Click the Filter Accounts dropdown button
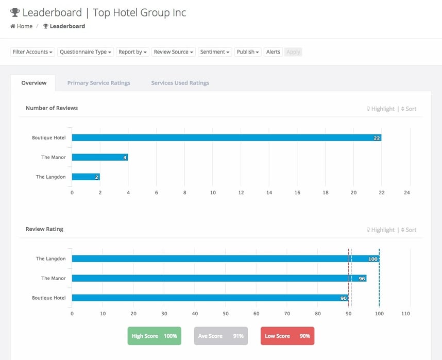point(32,52)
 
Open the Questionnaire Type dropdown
point(86,52)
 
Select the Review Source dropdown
point(174,52)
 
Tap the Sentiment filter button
point(215,52)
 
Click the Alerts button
point(273,52)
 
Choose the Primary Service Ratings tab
point(98,83)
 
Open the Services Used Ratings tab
point(180,83)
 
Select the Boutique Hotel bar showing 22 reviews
point(226,138)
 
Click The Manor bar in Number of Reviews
point(99,157)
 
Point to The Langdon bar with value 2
point(86,177)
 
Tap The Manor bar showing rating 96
point(219,278)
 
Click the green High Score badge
point(154,336)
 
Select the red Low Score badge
point(287,336)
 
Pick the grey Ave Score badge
point(220,336)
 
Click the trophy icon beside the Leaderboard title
point(15,12)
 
